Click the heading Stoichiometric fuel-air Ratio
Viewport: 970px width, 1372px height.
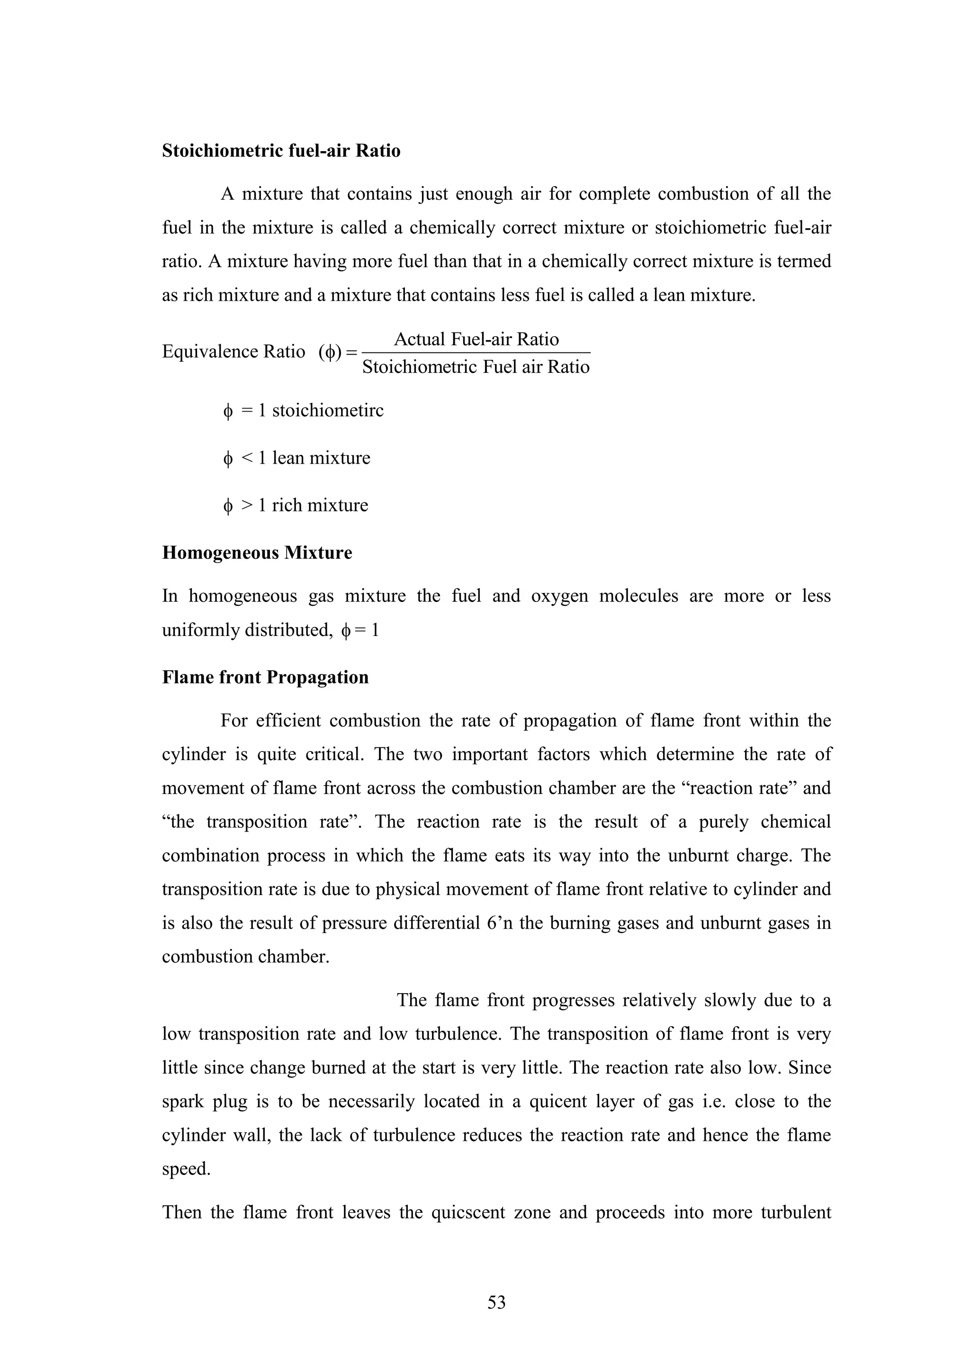click(x=281, y=151)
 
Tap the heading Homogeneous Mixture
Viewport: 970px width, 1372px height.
click(x=257, y=553)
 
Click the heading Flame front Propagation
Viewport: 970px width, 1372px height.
click(x=265, y=677)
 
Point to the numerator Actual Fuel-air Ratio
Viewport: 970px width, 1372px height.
click(x=476, y=340)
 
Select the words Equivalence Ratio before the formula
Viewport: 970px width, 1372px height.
click(x=234, y=351)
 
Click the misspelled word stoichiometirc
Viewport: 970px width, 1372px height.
click(x=327, y=411)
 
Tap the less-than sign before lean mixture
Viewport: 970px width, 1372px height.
click(x=247, y=458)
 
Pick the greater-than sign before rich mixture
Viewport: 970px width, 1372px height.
click(x=247, y=505)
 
